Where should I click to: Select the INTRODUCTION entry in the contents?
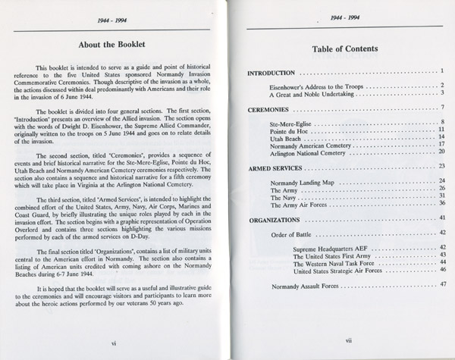pyautogui.click(x=272, y=73)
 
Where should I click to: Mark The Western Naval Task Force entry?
pyautogui.click(x=335, y=262)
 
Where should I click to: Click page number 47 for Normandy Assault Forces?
pyautogui.click(x=441, y=284)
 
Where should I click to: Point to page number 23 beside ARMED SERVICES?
pyautogui.click(x=441, y=165)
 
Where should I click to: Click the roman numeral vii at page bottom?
pyautogui.click(x=348, y=341)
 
